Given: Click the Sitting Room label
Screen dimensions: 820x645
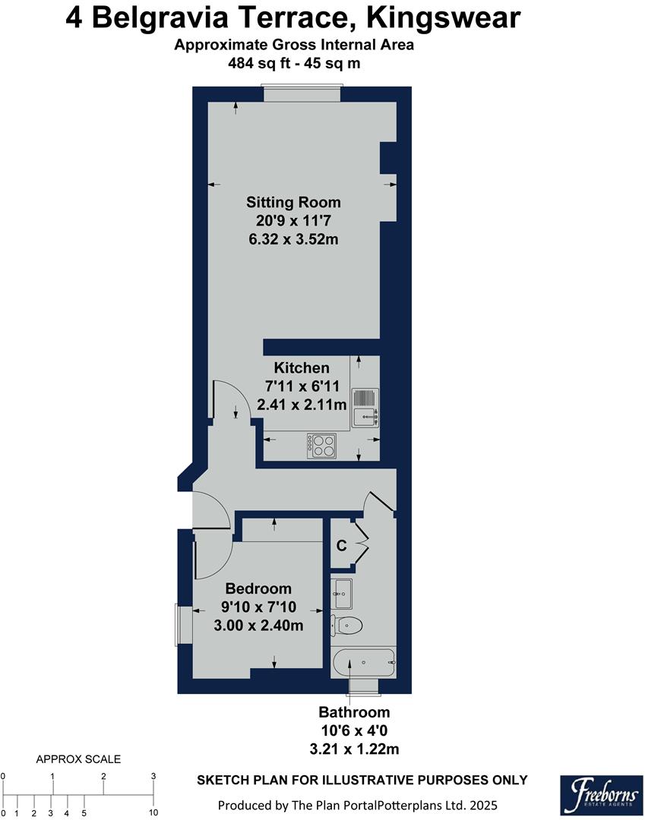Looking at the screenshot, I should [293, 203].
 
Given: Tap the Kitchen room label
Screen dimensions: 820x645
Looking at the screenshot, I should [302, 368].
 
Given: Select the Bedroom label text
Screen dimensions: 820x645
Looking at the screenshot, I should [258, 588].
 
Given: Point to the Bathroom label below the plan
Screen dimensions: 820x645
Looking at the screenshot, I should [354, 712].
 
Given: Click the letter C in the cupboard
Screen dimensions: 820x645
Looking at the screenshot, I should [342, 545].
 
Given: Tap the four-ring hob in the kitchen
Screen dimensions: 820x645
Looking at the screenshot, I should [322, 445].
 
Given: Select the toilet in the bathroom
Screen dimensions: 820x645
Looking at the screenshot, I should [346, 625].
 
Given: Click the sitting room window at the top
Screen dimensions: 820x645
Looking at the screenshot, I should [302, 93].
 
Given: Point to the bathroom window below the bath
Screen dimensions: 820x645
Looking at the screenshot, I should [363, 686].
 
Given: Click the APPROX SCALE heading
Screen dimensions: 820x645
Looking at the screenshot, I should [78, 758].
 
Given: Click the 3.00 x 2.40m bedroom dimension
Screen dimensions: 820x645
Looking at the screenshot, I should [258, 626].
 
